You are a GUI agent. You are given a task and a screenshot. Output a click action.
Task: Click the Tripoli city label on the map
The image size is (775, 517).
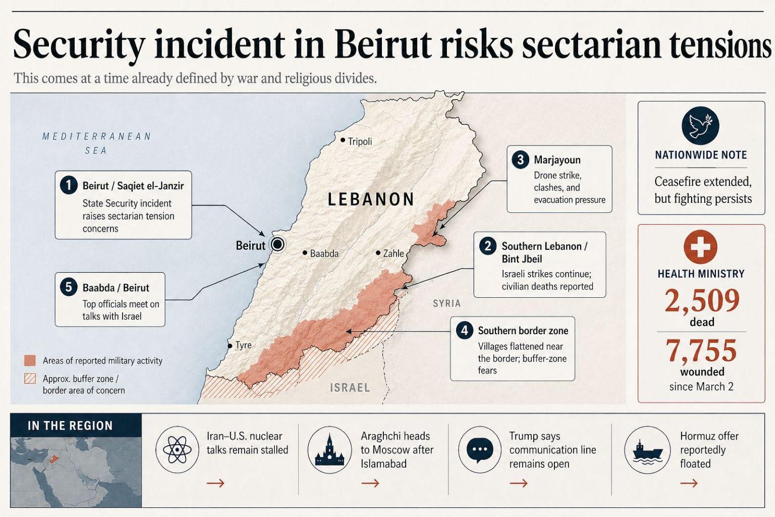[x=360, y=141]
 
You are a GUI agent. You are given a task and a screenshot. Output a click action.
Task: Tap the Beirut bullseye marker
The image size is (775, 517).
[x=278, y=244]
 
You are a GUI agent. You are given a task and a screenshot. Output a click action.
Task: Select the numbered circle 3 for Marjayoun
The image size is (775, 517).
[x=520, y=160]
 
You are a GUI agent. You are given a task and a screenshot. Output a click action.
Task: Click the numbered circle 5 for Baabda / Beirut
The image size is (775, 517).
[x=68, y=287]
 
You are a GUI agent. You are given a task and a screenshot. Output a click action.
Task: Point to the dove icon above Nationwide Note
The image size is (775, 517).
[x=700, y=126]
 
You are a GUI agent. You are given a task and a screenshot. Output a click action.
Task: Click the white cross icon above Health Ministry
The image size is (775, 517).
[x=700, y=247]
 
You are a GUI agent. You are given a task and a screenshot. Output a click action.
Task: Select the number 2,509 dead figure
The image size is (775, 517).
[x=701, y=300]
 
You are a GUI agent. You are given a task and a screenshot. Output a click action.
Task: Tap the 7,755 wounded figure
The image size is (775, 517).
[x=701, y=350]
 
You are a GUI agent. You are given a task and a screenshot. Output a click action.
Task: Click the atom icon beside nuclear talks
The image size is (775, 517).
[x=177, y=450]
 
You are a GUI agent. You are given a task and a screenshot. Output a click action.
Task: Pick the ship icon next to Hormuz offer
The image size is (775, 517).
[x=647, y=450]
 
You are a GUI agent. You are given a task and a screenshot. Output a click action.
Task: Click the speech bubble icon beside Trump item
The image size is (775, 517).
[x=479, y=450]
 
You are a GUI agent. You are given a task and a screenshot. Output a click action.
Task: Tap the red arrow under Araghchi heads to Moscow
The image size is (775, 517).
[x=370, y=483]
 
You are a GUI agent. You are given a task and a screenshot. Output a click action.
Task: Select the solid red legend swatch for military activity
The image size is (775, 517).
[x=30, y=360]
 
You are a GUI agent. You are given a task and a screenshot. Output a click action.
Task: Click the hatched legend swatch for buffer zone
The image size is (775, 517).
[x=30, y=379]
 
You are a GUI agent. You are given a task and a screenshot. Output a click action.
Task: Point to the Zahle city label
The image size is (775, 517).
[x=393, y=253]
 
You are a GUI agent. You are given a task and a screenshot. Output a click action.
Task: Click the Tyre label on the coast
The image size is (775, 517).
[x=243, y=345]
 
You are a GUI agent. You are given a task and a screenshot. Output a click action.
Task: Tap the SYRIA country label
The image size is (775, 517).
[x=446, y=304]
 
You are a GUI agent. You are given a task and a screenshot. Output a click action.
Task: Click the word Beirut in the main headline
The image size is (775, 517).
[x=382, y=45]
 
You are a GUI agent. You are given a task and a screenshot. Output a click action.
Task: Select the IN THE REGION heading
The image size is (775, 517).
[x=70, y=426]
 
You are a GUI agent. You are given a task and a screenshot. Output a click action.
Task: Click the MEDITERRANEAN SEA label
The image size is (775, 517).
[x=96, y=143]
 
